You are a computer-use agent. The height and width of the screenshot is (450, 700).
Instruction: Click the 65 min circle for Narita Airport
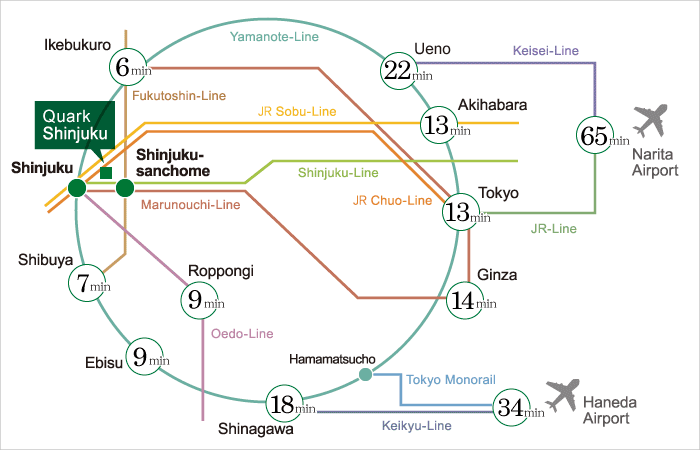pos(596,137)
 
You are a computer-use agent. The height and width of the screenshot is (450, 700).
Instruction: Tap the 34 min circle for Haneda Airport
pos(515,406)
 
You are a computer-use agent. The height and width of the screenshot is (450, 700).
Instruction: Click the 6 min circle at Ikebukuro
pos(128,68)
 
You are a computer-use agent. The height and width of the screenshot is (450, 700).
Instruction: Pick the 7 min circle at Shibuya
pos(88,284)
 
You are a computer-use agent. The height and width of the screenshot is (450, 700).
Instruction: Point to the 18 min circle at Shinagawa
pos(288,406)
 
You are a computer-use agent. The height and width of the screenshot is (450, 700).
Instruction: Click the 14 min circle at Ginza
pos(470,299)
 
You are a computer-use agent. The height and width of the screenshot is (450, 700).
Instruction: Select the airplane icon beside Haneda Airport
pos(565,392)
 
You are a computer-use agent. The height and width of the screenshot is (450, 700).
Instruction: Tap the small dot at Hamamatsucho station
pos(365,375)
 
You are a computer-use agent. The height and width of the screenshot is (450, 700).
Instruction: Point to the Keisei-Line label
pos(545,50)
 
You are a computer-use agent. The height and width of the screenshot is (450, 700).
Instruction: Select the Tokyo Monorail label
pos(451,379)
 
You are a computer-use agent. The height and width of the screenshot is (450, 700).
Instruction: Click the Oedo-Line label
pos(242,333)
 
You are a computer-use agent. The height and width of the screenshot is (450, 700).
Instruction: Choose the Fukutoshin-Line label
pos(179,95)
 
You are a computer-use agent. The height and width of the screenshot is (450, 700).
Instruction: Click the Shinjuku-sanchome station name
pos(172,162)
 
